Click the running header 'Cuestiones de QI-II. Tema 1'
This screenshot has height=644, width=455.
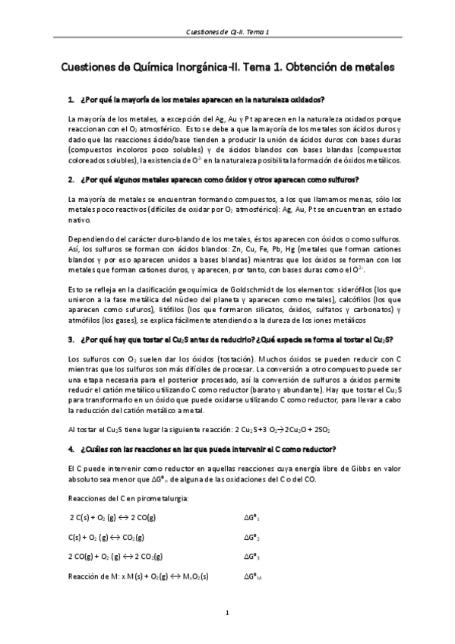[227, 33]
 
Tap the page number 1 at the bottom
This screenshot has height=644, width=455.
[227, 611]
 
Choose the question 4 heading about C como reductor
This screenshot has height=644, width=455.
[207, 449]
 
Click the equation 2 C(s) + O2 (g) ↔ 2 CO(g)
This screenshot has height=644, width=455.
[112, 517]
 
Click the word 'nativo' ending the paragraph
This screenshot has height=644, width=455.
[79, 220]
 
